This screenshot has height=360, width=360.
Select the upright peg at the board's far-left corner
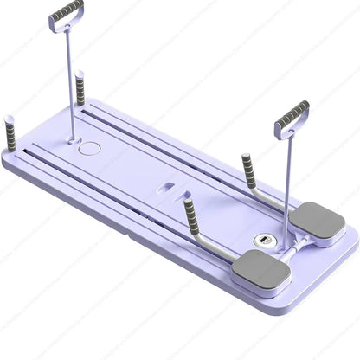point(11,135)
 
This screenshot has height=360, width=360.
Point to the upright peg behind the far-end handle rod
point(80,87)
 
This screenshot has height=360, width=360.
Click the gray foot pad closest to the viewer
point(260,273)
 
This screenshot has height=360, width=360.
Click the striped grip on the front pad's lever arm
point(190,217)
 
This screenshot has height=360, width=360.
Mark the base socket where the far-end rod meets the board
point(71,137)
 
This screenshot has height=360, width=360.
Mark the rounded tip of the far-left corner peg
point(11,119)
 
